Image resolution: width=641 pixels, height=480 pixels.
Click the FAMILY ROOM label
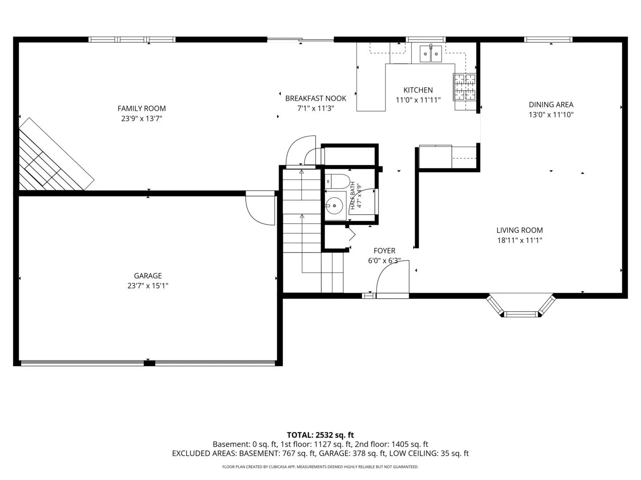[142, 109]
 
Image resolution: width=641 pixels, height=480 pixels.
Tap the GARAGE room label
[148, 276]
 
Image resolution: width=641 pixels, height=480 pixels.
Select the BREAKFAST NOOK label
[316, 99]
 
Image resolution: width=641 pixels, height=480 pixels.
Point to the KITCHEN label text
[418, 90]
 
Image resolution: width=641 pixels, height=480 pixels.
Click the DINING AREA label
[551, 104]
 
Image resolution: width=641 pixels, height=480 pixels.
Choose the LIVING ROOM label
[519, 230]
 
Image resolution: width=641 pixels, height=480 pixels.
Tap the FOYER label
[384, 251]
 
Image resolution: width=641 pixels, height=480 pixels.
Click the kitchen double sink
[431, 54]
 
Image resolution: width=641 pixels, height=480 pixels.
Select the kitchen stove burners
[464, 87]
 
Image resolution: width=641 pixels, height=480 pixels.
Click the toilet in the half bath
[337, 181]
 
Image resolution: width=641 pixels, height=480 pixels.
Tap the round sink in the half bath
[334, 206]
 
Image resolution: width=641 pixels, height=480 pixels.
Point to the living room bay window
[521, 306]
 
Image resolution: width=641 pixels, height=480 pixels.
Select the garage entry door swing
[260, 208]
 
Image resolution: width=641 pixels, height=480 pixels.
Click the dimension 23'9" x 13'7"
[142, 119]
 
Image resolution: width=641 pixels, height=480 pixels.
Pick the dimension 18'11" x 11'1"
[519, 240]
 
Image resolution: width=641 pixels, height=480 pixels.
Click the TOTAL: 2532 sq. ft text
[320, 435]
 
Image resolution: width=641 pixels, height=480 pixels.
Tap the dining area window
[548, 40]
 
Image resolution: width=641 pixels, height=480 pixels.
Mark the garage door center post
[149, 363]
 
